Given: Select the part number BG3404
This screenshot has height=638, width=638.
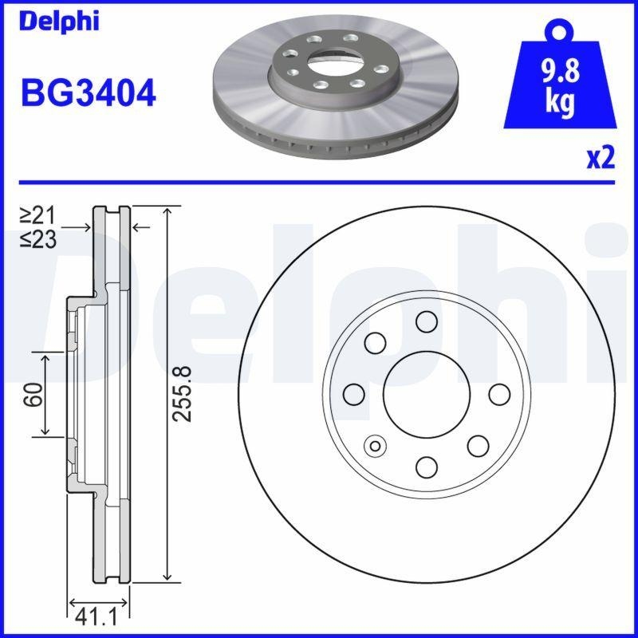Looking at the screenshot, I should pyautogui.click(x=89, y=94).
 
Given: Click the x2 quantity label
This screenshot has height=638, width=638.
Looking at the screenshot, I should pyautogui.click(x=601, y=159).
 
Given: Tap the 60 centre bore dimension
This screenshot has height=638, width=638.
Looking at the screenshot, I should pyautogui.click(x=33, y=393).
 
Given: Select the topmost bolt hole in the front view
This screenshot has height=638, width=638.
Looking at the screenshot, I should pyautogui.click(x=427, y=321).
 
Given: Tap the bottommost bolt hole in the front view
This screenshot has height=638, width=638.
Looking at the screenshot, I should pyautogui.click(x=427, y=466).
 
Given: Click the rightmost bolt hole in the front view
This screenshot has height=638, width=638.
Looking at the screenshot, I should pyautogui.click(x=499, y=393).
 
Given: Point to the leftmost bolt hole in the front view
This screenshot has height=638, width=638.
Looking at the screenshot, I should pyautogui.click(x=354, y=393).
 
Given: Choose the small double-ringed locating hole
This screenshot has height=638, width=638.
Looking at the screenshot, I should pyautogui.click(x=374, y=445).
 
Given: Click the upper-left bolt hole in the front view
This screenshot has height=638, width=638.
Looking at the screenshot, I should pyautogui.click(x=376, y=342).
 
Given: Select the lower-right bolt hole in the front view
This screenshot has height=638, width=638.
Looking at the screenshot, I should pyautogui.click(x=478, y=445).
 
